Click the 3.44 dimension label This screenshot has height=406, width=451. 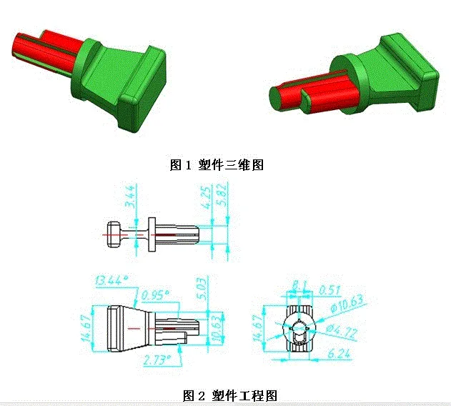(128, 194)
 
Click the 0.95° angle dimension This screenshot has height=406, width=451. (158, 293)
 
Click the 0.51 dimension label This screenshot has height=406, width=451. (330, 289)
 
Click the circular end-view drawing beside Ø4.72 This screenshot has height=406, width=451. (299, 329)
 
